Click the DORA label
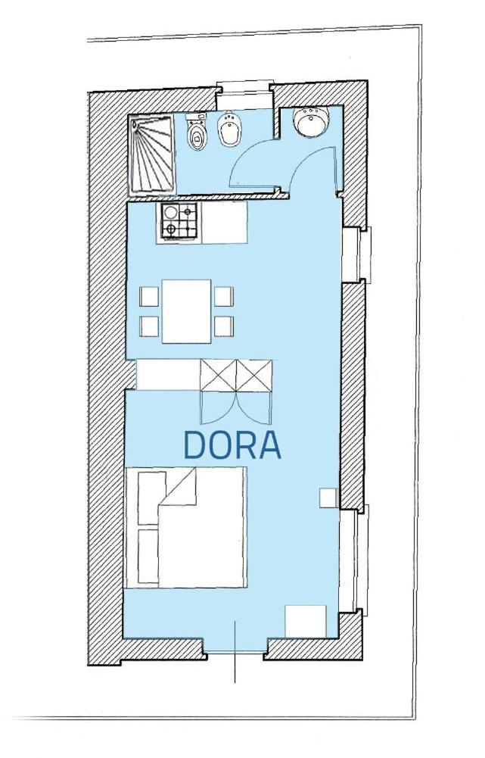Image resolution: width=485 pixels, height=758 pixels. pyautogui.click(x=232, y=445)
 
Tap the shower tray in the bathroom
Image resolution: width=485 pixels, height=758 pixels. pyautogui.click(x=151, y=155)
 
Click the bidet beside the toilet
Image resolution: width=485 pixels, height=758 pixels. pyautogui.click(x=229, y=129)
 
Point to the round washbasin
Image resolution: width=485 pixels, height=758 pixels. pyautogui.click(x=312, y=121)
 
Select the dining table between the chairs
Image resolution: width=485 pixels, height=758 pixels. pyautogui.click(x=186, y=311)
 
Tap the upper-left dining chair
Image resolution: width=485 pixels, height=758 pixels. pyautogui.click(x=149, y=296)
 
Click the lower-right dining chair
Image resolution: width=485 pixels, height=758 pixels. pyautogui.click(x=224, y=326)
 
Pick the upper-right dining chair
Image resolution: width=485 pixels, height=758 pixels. pyautogui.click(x=224, y=296)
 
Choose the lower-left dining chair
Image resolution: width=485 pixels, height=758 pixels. pyautogui.click(x=149, y=326)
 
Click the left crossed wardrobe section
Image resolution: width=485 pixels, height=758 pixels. pyautogui.click(x=219, y=375)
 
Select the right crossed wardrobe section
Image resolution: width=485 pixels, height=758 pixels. pyautogui.click(x=254, y=375)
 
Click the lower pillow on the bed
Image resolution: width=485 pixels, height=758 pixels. pyautogui.click(x=148, y=556)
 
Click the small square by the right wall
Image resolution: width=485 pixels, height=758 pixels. pyautogui.click(x=329, y=498)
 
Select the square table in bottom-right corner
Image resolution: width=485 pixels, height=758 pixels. pyautogui.click(x=306, y=621)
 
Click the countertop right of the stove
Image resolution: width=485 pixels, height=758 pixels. pyautogui.click(x=223, y=223)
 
